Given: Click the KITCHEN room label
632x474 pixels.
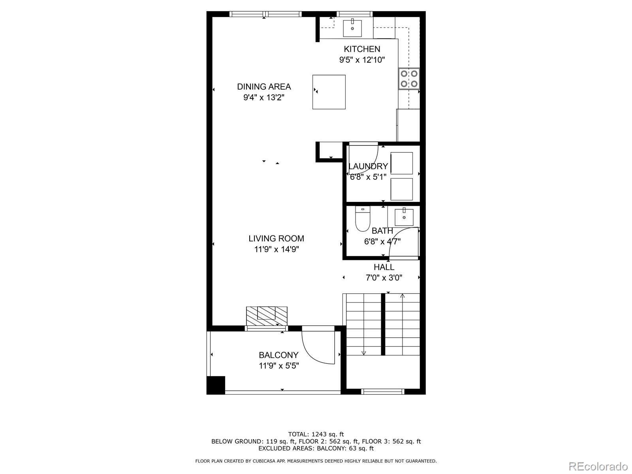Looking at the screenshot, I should (x=362, y=49).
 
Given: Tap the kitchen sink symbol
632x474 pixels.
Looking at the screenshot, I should (x=352, y=28).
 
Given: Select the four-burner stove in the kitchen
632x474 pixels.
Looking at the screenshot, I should (x=409, y=78).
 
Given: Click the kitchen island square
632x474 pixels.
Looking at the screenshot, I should (x=329, y=92).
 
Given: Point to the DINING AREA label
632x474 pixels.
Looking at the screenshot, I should (x=264, y=87).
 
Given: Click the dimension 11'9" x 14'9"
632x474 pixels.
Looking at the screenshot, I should (x=276, y=249).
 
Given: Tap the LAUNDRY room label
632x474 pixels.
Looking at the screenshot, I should (x=368, y=166).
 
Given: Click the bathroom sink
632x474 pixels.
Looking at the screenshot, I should (x=404, y=217).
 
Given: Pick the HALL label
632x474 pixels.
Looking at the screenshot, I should (x=384, y=267).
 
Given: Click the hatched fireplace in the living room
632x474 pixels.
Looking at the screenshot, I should (x=267, y=316).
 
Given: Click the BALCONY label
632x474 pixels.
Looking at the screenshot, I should (x=278, y=355).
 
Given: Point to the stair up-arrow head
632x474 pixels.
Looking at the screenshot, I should (x=403, y=295).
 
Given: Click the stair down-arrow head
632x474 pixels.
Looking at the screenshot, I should (x=364, y=353).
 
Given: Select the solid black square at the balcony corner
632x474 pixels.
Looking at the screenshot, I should (x=216, y=385).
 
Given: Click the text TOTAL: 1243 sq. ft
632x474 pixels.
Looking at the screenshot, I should (x=316, y=434).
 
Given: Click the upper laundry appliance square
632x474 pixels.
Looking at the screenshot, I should (x=402, y=163).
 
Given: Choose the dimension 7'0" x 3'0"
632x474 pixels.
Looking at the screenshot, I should (x=384, y=278).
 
